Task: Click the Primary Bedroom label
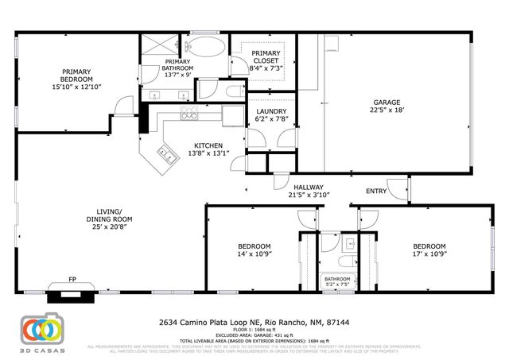[77, 75]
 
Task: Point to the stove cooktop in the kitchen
[189, 115]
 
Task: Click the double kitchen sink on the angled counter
[168, 153]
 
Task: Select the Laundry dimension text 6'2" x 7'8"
[270, 118]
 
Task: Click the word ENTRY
[376, 192]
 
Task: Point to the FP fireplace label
[72, 280]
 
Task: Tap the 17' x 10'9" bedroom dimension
[428, 255]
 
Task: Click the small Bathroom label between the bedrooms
[337, 279]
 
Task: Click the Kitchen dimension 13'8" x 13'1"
[205, 153]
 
